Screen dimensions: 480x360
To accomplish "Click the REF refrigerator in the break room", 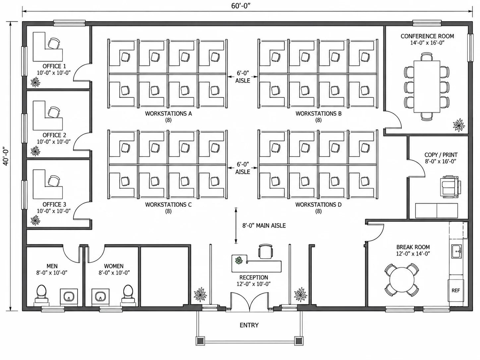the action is pyautogui.click(x=456, y=290).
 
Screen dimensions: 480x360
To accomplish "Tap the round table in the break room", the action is pyautogui.click(x=402, y=279).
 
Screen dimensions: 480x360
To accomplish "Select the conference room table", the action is pyautogui.click(x=427, y=87).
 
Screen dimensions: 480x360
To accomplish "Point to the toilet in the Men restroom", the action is pyautogui.click(x=41, y=294).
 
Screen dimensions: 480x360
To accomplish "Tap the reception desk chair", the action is pyautogui.click(x=266, y=251).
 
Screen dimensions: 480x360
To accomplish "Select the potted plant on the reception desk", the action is pyautogui.click(x=239, y=261).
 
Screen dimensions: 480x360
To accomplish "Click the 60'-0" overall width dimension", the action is pyautogui.click(x=241, y=6).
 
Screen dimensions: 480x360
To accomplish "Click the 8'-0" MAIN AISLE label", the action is pyautogui.click(x=264, y=225).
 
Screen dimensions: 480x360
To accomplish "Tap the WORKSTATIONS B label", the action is pyautogui.click(x=318, y=113).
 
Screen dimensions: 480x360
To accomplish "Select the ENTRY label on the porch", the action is pyautogui.click(x=249, y=325).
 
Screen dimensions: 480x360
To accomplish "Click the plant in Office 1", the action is pyautogui.click(x=35, y=82).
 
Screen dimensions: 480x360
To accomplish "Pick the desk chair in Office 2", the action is pyautogui.click(x=54, y=112).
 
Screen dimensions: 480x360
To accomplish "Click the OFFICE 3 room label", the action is pyautogui.click(x=54, y=205).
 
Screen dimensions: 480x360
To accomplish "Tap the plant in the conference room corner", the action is pyautogui.click(x=458, y=125).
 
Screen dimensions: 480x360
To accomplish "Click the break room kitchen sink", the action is pyautogui.click(x=456, y=251).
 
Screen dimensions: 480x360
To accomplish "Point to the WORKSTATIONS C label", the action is pyautogui.click(x=168, y=205).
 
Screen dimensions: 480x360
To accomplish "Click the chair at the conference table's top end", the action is pyautogui.click(x=427, y=56).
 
